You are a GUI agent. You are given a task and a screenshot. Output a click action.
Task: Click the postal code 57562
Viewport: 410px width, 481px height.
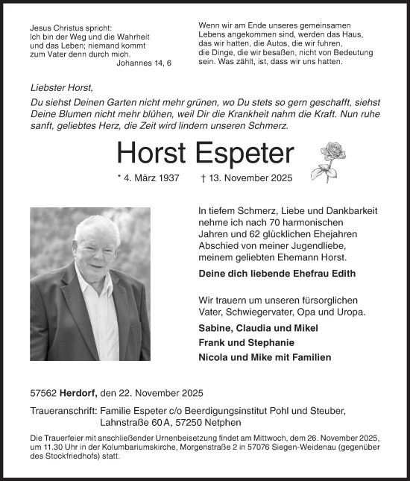44,392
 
